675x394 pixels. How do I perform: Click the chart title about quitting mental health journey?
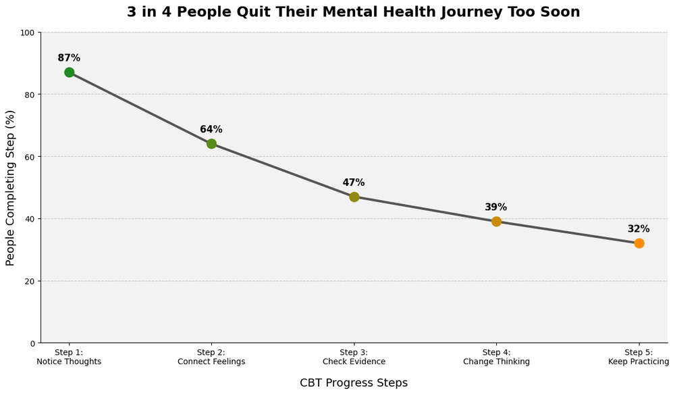click(353, 12)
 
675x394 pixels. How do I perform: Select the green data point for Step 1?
click(70, 72)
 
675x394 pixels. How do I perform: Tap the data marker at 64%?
click(211, 144)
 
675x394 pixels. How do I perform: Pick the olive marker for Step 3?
click(354, 197)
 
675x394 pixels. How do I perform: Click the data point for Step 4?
click(496, 222)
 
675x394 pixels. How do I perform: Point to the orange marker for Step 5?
click(639, 243)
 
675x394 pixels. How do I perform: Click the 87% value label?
click(69, 58)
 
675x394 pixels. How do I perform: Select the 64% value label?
click(211, 130)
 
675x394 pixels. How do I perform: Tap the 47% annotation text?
click(354, 182)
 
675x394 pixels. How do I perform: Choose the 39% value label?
click(495, 207)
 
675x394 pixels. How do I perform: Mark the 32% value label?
click(638, 229)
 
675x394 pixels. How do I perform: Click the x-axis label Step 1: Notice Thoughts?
click(69, 357)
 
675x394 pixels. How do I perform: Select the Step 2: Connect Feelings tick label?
click(211, 357)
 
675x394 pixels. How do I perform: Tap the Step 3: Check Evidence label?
click(354, 357)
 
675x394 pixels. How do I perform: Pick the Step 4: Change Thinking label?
click(496, 357)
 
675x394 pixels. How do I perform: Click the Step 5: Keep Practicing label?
click(638, 357)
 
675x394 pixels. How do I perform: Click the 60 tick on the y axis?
click(30, 157)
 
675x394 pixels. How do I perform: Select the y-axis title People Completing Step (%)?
click(10, 188)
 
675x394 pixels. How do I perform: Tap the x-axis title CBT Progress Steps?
click(354, 383)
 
